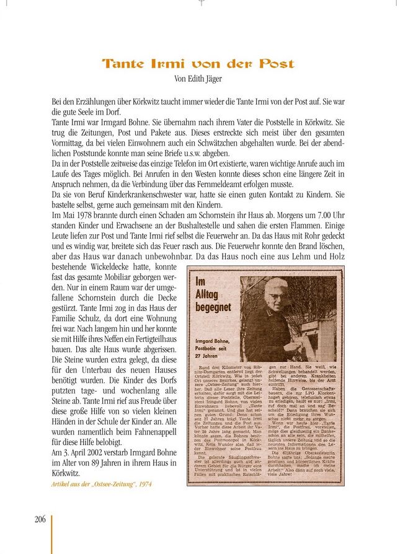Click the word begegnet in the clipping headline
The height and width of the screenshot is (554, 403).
tap(215, 306)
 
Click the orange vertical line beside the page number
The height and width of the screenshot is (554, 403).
tap(51, 527)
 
